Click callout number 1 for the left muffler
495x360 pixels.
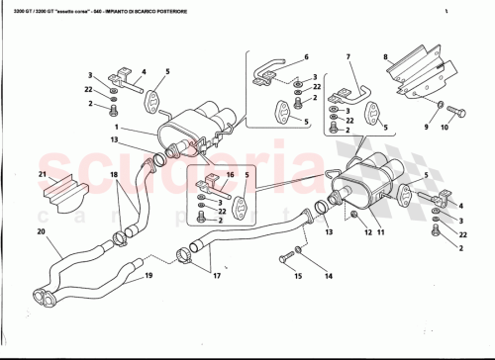point(116,128)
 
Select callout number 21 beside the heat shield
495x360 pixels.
point(44,175)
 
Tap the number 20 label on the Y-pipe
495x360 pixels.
point(42,233)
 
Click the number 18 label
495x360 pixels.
point(114,175)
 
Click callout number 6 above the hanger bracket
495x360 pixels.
point(306,57)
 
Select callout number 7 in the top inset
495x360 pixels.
point(348,56)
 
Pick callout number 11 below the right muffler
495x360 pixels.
point(382,233)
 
